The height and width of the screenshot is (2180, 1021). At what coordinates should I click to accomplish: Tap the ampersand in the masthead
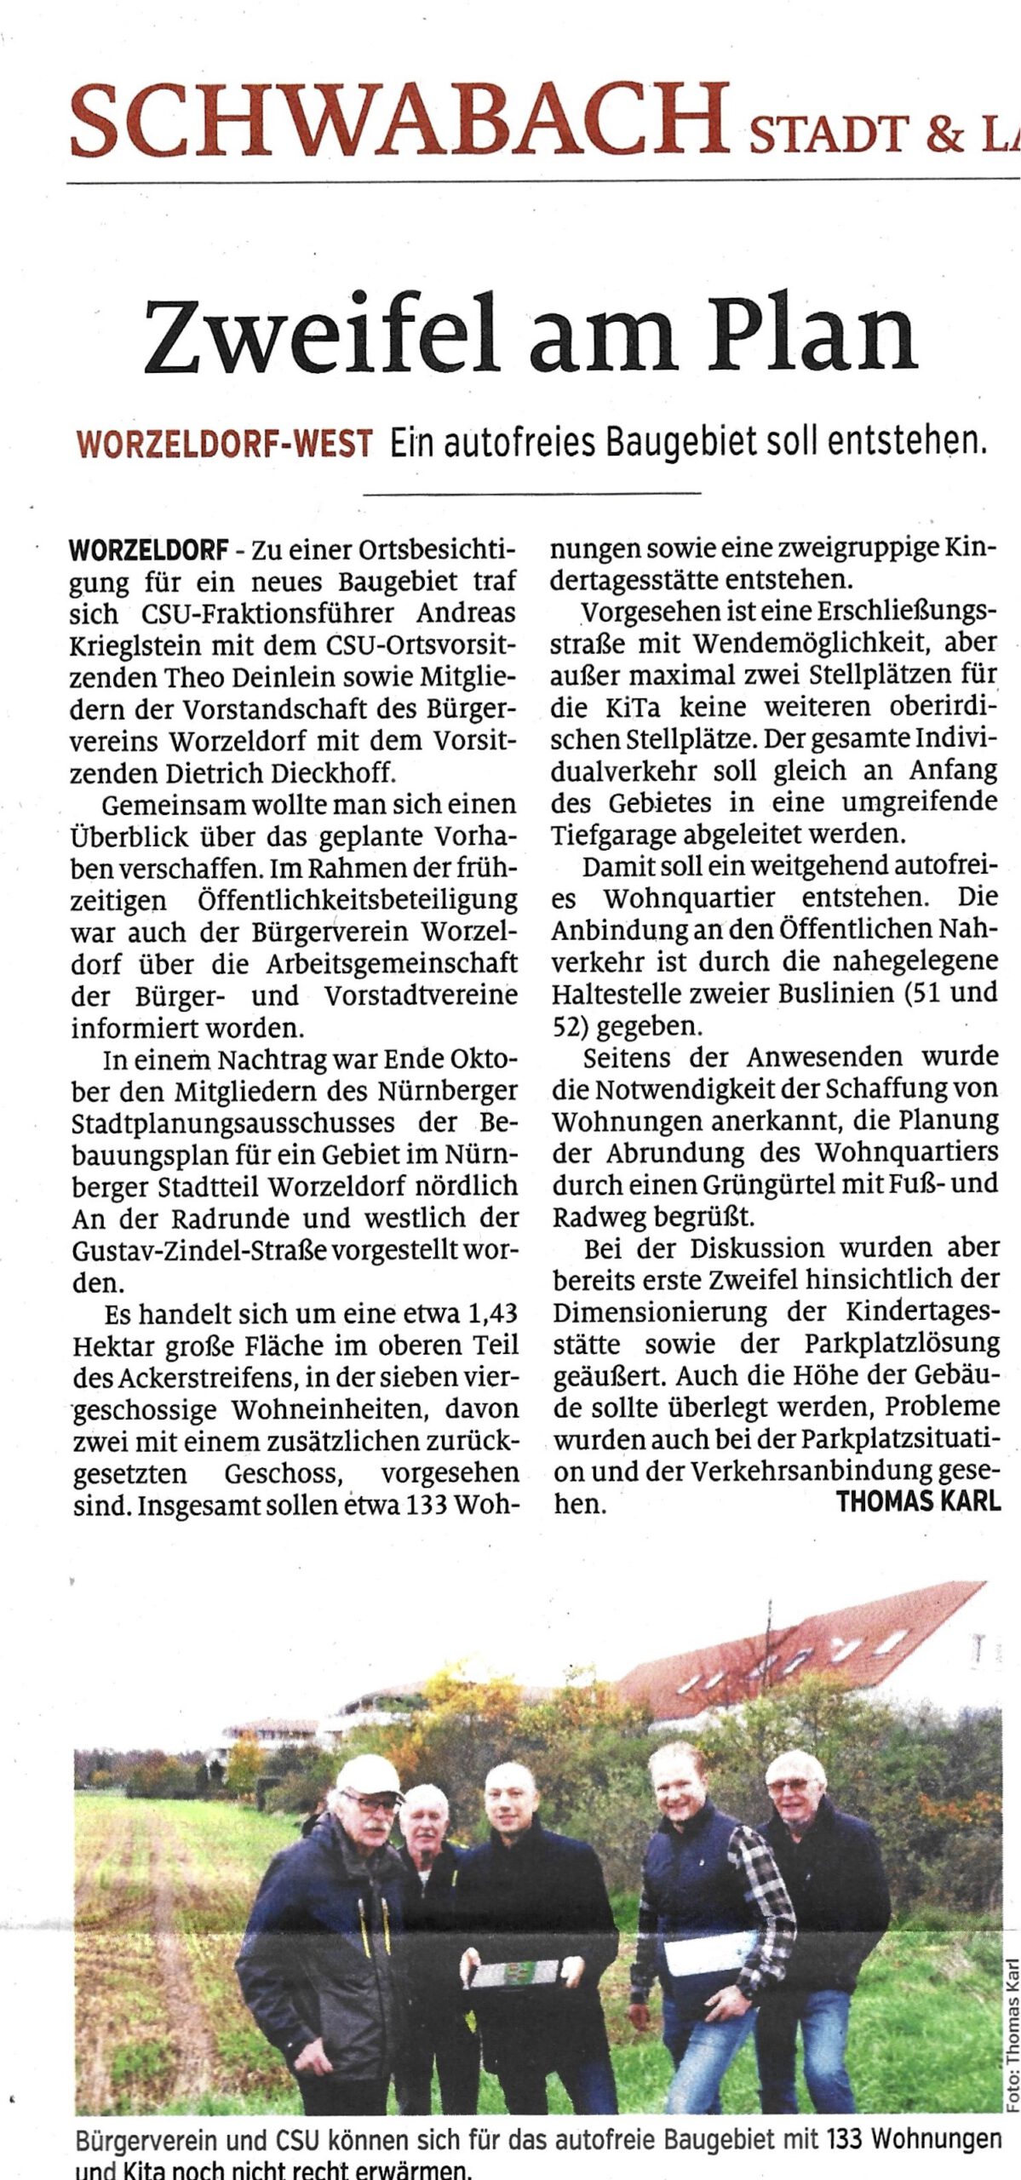coord(944,134)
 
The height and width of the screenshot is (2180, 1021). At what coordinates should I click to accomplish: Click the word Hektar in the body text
coord(112,1346)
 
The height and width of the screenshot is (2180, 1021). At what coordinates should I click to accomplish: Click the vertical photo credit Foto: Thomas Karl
coord(1012,2028)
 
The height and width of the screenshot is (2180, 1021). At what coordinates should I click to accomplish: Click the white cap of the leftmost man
coord(368,1776)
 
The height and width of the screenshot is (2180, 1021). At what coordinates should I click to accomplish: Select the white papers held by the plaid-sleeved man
coord(708,1951)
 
